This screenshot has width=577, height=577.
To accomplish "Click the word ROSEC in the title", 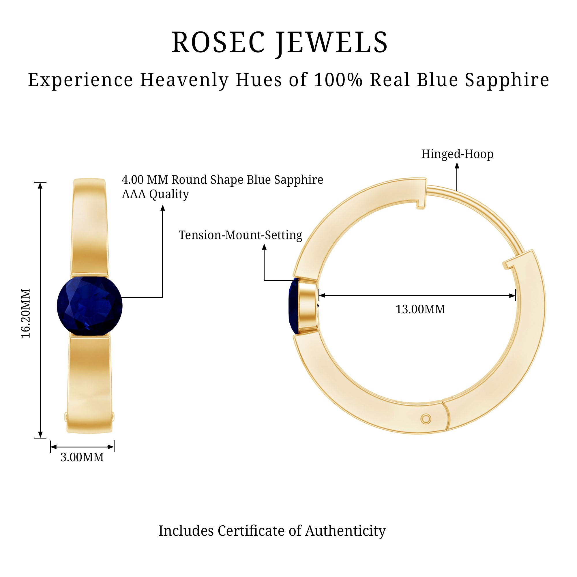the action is [x=218, y=42].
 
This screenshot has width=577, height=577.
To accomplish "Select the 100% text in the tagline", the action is [x=338, y=80].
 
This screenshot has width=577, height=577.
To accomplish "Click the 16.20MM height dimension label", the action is [x=26, y=313].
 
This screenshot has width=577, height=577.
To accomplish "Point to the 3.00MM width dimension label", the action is [x=82, y=457].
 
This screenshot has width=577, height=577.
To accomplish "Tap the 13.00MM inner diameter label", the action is [x=421, y=309].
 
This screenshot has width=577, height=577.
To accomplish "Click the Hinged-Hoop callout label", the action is [x=457, y=154].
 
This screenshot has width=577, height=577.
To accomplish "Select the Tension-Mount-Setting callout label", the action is [x=240, y=235].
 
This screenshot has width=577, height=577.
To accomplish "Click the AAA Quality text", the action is [x=155, y=194].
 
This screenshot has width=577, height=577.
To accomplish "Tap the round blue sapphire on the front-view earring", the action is [x=90, y=306].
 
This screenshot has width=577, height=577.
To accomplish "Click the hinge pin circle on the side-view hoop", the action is [x=426, y=419].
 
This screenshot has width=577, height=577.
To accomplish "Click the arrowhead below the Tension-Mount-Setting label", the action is [x=264, y=247].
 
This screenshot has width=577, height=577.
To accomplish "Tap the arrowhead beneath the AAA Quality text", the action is [x=163, y=208].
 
